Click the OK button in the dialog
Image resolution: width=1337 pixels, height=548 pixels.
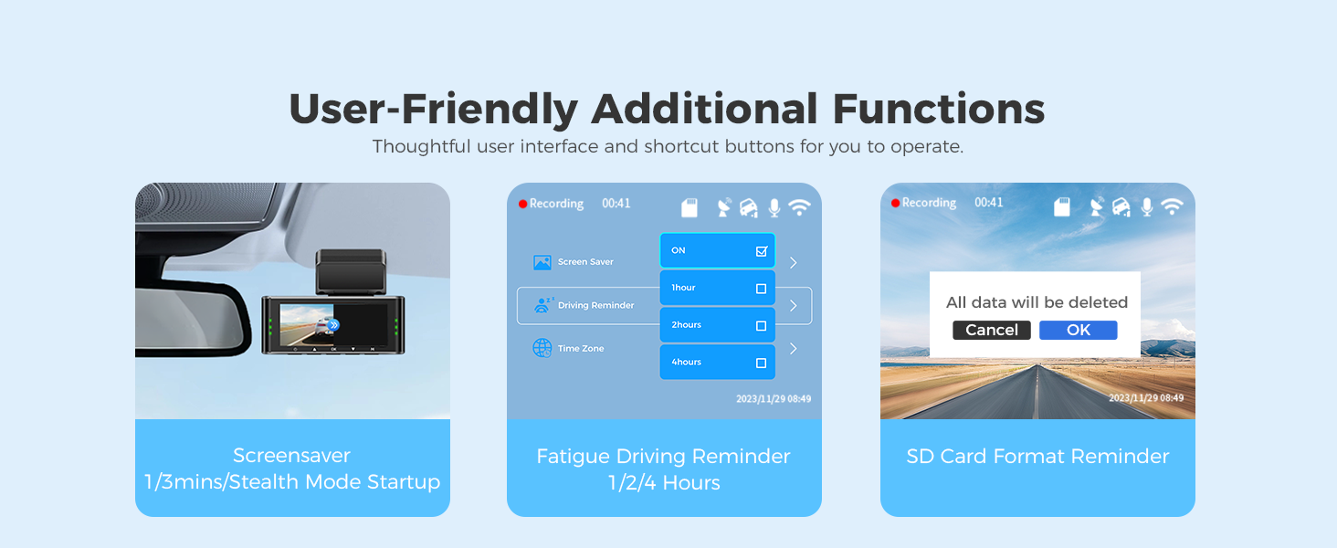click(1078, 330)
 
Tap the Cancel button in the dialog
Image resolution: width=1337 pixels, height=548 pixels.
click(992, 330)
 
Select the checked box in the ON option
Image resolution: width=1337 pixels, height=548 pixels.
click(761, 251)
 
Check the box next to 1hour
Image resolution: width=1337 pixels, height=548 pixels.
click(761, 289)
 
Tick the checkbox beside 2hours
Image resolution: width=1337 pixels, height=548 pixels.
click(761, 326)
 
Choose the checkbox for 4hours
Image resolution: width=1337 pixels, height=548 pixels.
click(761, 363)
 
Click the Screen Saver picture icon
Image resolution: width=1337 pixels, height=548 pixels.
click(542, 262)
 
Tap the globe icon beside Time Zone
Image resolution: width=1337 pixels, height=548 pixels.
click(542, 347)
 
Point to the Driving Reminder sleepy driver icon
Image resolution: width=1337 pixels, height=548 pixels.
click(543, 305)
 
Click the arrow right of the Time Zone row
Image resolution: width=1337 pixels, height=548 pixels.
click(794, 349)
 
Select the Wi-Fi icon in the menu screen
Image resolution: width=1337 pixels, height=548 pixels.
click(799, 207)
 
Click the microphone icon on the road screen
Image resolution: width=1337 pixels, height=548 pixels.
click(1147, 207)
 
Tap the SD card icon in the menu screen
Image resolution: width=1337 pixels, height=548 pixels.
click(690, 207)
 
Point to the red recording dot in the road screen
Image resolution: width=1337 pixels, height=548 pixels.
click(895, 203)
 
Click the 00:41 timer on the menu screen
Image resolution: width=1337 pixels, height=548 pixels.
click(616, 204)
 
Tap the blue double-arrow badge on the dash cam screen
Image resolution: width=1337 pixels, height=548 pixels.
click(333, 325)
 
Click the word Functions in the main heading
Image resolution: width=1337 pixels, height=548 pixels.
click(938, 110)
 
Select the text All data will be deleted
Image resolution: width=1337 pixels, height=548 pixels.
click(1037, 302)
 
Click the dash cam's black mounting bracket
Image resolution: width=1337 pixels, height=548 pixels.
click(351, 271)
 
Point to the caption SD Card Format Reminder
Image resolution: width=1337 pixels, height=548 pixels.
click(1037, 456)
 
